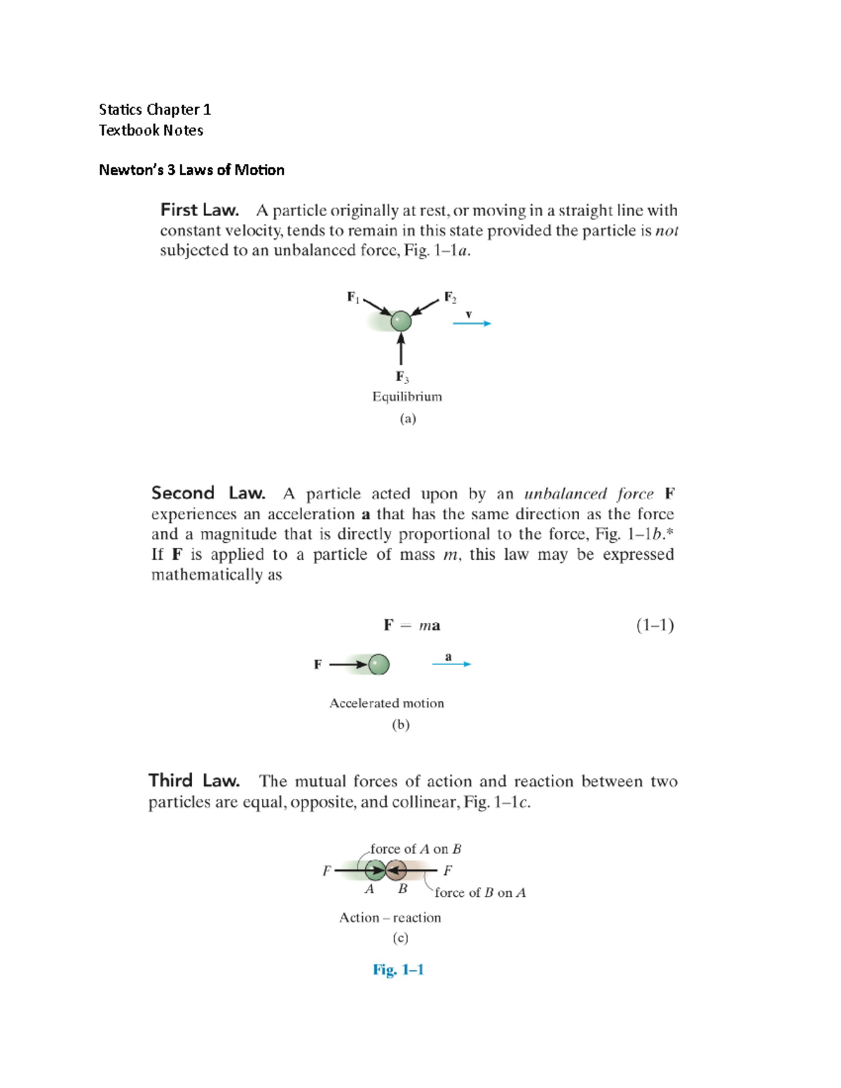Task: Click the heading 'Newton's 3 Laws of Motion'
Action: (191, 170)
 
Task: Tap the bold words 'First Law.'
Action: (200, 210)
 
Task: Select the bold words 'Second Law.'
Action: (208, 493)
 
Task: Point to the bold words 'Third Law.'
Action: (194, 781)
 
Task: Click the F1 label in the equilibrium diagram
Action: (353, 298)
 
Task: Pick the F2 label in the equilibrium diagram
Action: (450, 298)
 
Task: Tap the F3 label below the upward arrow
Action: (402, 377)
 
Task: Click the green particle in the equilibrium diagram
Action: (401, 321)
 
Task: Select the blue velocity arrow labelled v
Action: (472, 323)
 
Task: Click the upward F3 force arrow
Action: (401, 348)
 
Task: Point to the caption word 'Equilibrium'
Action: (407, 397)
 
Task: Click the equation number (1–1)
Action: (655, 625)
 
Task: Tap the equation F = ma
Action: (412, 626)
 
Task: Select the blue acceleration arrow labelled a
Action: (451, 663)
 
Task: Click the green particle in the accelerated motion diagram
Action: (378, 664)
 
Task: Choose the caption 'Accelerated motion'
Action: (387, 703)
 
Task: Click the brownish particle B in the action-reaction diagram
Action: (397, 871)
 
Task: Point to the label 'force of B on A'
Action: (480, 893)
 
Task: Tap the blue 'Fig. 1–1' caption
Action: (398, 970)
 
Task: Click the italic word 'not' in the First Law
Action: (666, 231)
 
